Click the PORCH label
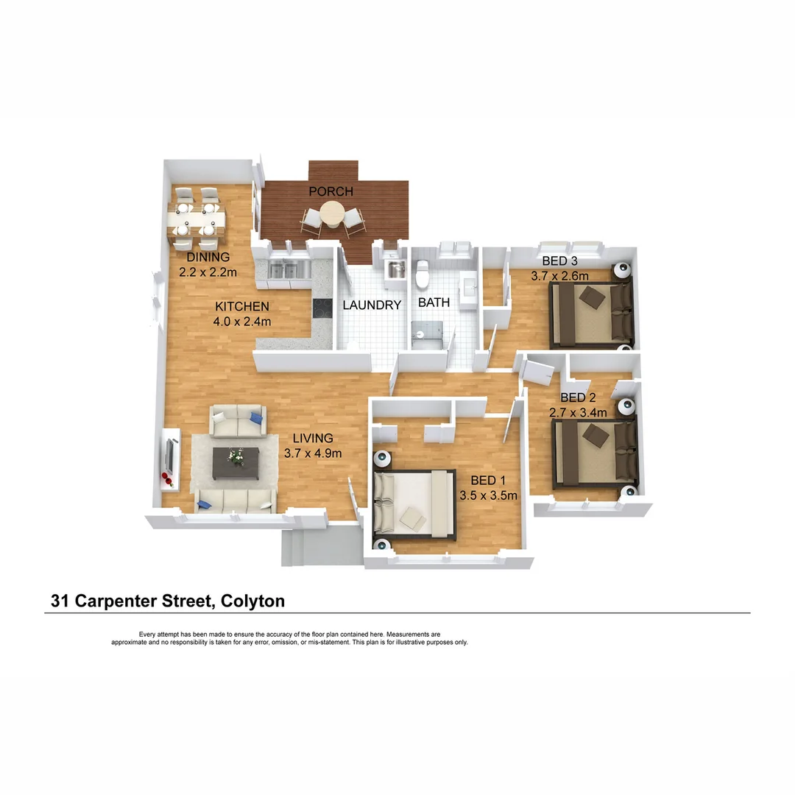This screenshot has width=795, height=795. pos(331,191)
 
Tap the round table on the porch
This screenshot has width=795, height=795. pos(332,215)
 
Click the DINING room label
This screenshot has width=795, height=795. pos(208,258)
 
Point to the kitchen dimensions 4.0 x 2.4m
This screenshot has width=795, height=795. pos(242,321)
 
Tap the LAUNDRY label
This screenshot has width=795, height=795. pos(372,305)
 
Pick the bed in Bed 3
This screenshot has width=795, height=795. pos(591,314)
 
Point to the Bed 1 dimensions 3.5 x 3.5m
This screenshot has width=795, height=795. pos(488,495)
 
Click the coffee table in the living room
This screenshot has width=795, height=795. pos(236,463)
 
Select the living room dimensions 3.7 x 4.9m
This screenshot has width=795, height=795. pos(313,453)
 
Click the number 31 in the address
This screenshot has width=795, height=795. pos(59,601)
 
